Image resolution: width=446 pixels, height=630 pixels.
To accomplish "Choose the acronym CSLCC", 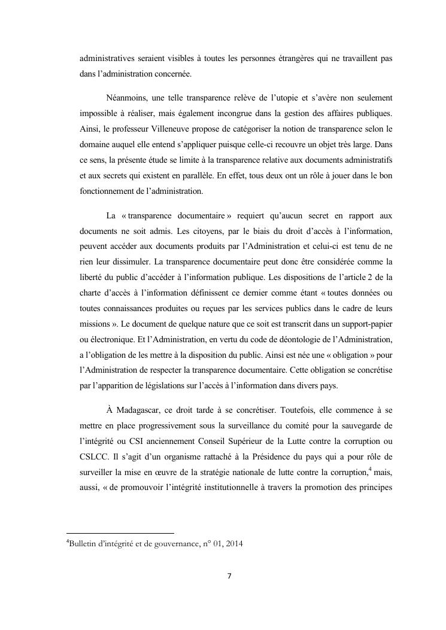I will pos(95,459).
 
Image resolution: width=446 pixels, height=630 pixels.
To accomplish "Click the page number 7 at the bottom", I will pos(229,576).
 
